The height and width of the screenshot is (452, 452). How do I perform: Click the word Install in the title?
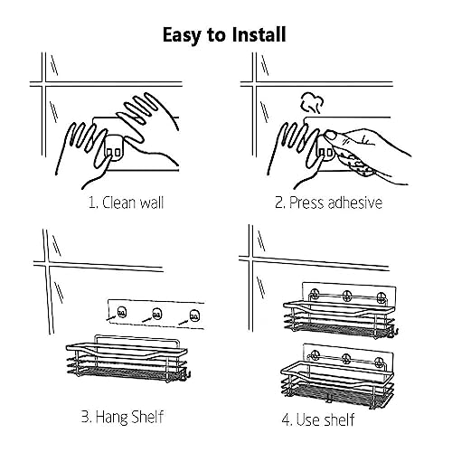[x=259, y=34]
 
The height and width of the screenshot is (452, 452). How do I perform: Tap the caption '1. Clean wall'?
[x=127, y=202]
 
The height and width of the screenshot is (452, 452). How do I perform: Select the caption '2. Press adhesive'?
[x=329, y=202]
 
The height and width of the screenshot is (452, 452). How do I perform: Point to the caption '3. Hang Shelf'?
[x=122, y=417]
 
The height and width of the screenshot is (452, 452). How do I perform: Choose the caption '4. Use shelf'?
[x=318, y=419]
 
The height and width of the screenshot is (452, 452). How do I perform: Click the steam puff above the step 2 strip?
[x=312, y=103]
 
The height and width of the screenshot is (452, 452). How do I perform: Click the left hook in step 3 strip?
[x=121, y=312]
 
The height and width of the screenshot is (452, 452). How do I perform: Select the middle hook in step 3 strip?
[x=156, y=315]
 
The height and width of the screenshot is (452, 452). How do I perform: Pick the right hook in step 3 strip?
[x=194, y=315]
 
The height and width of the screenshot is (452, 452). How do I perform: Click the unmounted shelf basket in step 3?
[x=127, y=359]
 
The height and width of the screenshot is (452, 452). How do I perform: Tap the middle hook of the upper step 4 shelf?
[x=346, y=295]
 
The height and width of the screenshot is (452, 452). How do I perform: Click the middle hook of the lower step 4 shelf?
[x=346, y=358]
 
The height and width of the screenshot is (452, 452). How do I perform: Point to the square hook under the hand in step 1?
[x=113, y=148]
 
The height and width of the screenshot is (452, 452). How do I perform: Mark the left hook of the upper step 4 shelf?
[x=315, y=294]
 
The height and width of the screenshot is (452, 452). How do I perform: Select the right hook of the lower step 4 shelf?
[x=381, y=361]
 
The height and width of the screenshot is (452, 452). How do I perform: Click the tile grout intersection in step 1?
[x=44, y=84]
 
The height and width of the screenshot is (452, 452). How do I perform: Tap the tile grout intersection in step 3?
[x=47, y=264]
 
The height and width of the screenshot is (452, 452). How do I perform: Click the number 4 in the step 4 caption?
[x=286, y=419]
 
